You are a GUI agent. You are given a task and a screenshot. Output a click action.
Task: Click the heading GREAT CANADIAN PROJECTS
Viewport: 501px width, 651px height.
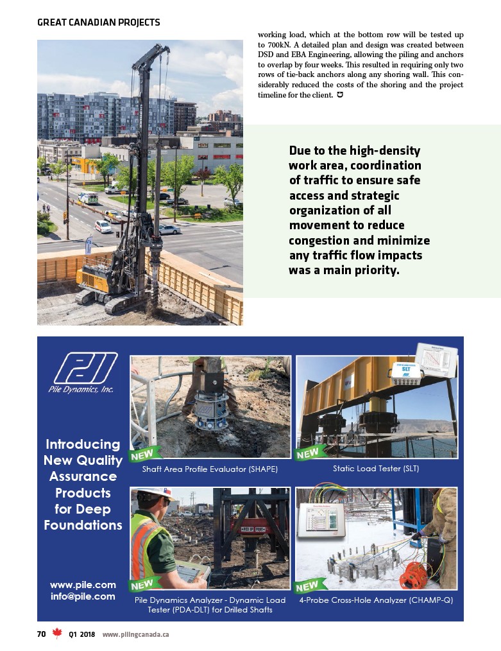point(98,22)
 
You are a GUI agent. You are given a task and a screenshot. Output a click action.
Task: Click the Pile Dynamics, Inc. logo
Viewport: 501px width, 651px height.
point(81,372)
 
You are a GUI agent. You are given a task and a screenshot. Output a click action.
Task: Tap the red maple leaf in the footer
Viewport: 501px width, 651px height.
point(56,634)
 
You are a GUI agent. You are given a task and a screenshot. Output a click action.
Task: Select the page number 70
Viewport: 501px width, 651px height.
point(41,634)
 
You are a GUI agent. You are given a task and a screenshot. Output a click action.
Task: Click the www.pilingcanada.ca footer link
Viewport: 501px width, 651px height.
point(136,634)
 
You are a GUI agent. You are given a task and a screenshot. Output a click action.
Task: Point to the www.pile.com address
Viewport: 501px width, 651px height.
point(83,584)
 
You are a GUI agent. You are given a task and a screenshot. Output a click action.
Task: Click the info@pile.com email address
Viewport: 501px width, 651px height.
point(83,596)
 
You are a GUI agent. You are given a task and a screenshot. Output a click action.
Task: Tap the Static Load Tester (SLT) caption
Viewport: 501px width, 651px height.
point(375,469)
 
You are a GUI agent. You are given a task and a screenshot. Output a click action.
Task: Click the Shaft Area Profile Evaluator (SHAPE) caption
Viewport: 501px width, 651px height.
point(210,469)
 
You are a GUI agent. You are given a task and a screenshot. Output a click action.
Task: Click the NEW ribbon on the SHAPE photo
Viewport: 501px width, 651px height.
point(143,455)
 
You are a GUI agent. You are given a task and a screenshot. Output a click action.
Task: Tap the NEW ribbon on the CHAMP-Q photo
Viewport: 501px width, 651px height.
point(309,586)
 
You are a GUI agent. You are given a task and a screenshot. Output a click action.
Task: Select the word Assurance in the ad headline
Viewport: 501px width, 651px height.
point(83,476)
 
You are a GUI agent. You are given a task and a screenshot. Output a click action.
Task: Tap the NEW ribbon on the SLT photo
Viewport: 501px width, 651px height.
point(309,454)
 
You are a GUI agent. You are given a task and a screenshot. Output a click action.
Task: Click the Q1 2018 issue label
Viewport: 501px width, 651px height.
point(81,634)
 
